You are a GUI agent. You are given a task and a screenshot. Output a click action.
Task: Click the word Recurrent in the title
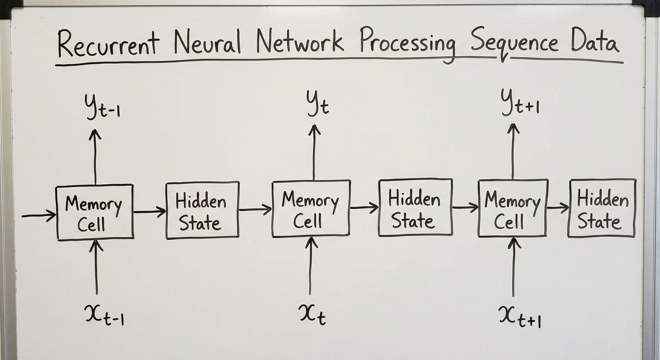pyautogui.click(x=109, y=44)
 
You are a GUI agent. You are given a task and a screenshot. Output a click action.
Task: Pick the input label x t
pyautogui.click(x=312, y=313)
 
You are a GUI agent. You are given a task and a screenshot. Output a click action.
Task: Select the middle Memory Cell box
pyautogui.click(x=311, y=209)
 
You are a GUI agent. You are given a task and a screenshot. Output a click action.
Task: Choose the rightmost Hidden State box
pyautogui.click(x=602, y=208)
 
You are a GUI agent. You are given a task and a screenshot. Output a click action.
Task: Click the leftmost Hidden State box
pyautogui.click(x=202, y=210)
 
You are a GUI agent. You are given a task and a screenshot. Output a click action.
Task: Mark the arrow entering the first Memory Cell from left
pyautogui.click(x=39, y=216)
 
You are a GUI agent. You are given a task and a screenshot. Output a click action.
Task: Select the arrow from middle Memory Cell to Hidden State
pyautogui.click(x=364, y=207)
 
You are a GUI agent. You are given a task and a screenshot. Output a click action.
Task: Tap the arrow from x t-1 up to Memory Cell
pyautogui.click(x=96, y=267)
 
